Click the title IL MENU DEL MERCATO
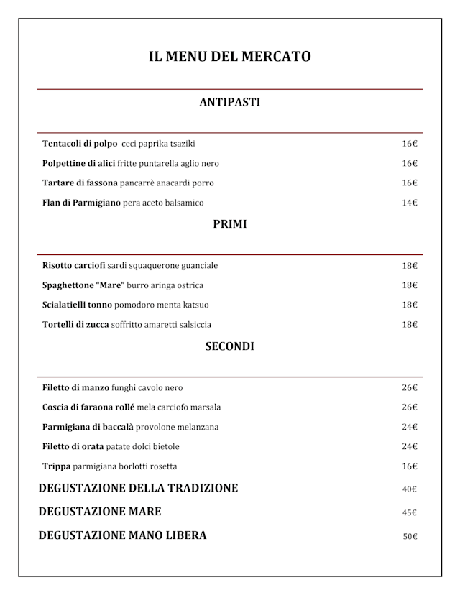pos(229,56)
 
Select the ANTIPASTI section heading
pos(229,102)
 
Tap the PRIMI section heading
pos(229,224)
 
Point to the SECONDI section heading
pos(229,346)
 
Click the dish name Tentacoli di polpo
pos(80,144)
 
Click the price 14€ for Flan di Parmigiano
pos(410,203)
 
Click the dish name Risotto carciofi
pos(74,266)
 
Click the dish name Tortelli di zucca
pos(75,325)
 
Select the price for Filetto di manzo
pos(410,388)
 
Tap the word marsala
pos(205,407)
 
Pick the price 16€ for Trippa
pos(410,466)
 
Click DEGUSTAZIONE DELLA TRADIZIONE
pos(138,489)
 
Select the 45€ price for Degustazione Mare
pos(410,513)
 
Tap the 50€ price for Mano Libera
pos(410,536)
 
